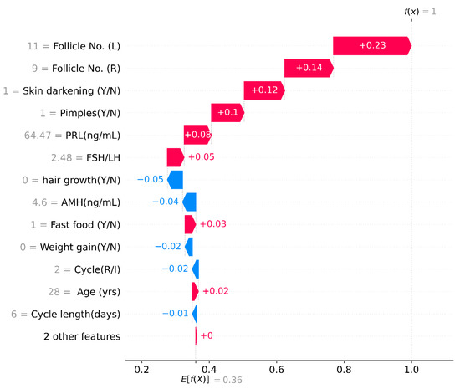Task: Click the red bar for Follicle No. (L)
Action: [371, 46]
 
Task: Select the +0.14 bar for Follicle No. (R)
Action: [308, 69]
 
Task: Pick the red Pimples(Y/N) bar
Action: [227, 113]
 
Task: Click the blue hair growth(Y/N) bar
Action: [175, 180]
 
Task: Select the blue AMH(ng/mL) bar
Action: [189, 202]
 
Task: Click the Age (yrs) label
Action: [91, 291]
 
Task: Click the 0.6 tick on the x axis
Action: [276, 368]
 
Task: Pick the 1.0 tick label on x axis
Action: [411, 368]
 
